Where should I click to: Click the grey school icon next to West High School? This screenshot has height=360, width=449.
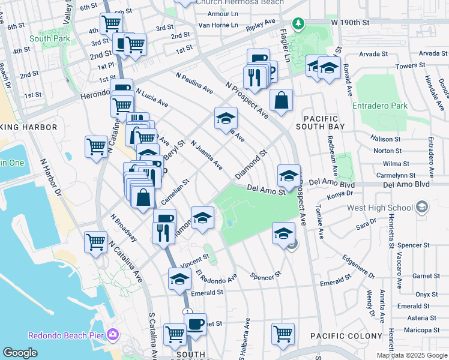tap(422, 207)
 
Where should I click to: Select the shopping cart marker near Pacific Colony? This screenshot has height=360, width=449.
tap(283, 334)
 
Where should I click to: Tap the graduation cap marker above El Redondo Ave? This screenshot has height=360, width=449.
tap(179, 279)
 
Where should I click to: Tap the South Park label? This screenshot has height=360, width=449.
tap(49, 38)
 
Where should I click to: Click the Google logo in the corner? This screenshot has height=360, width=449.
tap(20, 353)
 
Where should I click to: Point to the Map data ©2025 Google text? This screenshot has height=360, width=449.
tap(412, 355)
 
